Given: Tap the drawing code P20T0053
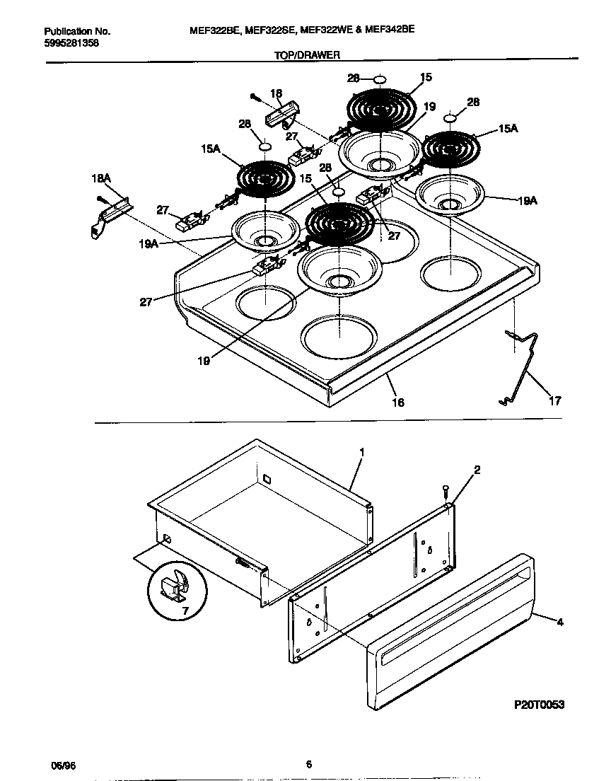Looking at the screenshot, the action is click(539, 705).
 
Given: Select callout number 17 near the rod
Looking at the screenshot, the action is click(554, 401).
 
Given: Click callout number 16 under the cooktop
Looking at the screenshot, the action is click(398, 403).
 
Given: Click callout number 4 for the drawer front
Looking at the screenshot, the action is click(559, 623).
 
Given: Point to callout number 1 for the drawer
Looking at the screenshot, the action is click(362, 451).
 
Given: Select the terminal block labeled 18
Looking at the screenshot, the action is click(282, 113).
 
